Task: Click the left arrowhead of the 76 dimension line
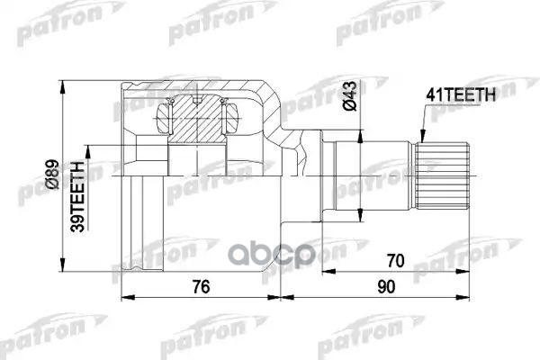[x=124, y=296]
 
